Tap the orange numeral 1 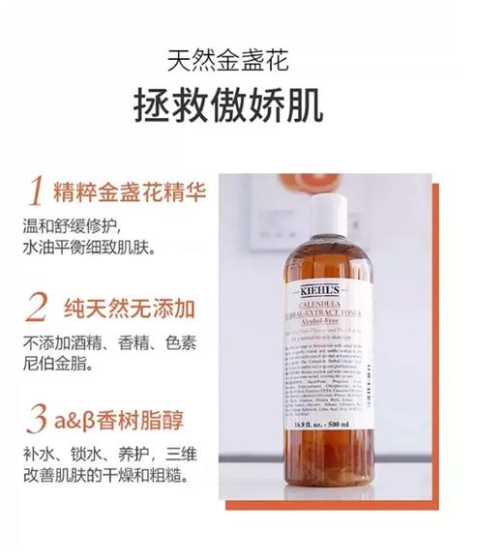click(36, 192)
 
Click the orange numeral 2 click(36, 308)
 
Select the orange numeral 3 click(36, 421)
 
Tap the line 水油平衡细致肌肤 click(92, 248)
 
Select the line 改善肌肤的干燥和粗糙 click(104, 477)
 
